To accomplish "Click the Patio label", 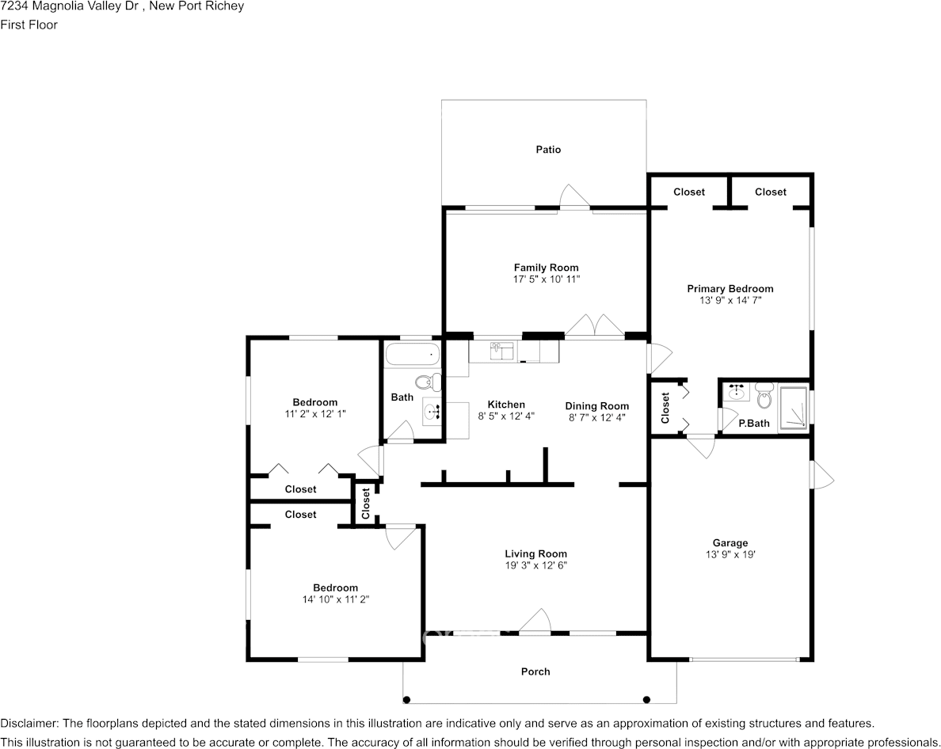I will tap(547, 150).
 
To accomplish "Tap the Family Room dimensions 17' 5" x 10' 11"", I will tap(546, 279).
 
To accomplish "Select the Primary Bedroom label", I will tap(730, 289).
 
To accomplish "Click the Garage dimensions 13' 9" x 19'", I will tap(730, 555).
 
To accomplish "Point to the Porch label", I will tap(535, 671).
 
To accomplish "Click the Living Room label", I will tap(535, 553).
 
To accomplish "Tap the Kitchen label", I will tap(505, 405).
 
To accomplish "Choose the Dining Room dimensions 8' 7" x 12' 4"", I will tap(596, 417).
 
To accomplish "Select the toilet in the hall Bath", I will tap(428, 382).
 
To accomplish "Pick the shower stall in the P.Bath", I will tap(793, 408).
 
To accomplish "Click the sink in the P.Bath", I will tap(737, 392).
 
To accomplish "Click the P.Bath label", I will tap(753, 423).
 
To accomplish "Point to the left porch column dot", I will tap(407, 699).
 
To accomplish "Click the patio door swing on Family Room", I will tap(574, 196).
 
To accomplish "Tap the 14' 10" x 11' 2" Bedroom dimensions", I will tap(335, 599).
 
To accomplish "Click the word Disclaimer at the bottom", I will tap(29, 723).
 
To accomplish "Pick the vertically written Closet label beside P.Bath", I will tap(665, 408).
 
